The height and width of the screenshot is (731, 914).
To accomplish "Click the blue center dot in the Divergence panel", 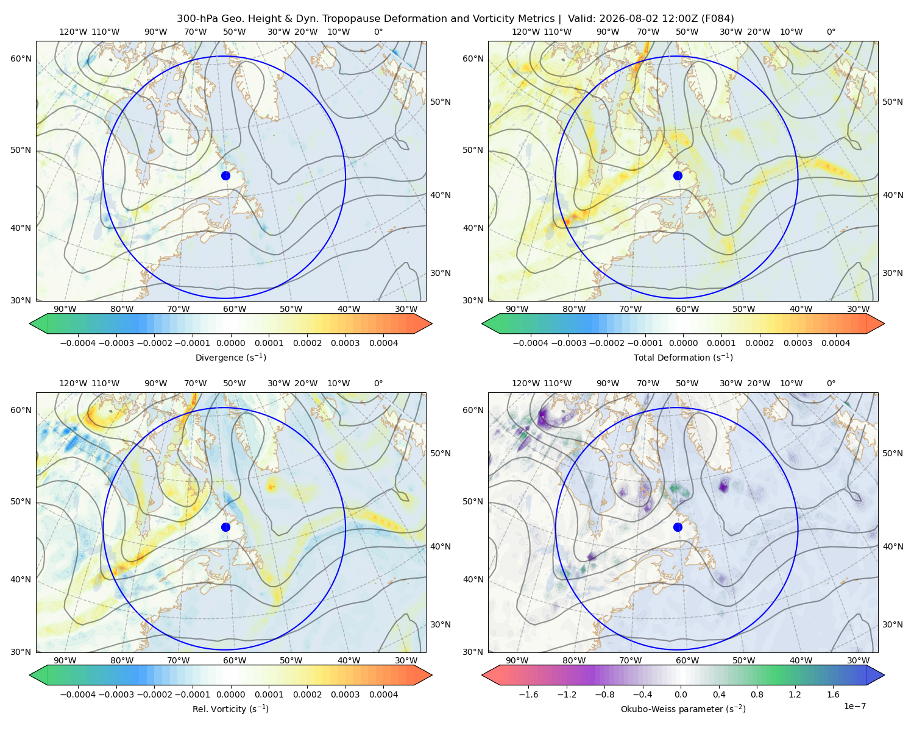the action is (x=225, y=176).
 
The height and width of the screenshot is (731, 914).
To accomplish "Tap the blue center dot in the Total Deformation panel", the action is (x=678, y=176).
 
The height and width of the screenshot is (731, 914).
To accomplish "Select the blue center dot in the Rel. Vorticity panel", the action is (x=225, y=527).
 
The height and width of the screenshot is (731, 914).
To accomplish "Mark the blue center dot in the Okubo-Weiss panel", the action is (x=678, y=527).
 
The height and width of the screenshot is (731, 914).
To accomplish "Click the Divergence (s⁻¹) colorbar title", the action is (x=230, y=358).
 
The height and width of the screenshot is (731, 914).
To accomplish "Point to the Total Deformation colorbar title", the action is (x=683, y=358).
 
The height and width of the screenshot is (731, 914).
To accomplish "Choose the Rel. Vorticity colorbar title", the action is (x=230, y=709).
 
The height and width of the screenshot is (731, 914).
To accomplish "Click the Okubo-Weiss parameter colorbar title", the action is (x=683, y=709).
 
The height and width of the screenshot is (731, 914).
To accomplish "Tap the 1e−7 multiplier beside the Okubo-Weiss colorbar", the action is (x=854, y=706).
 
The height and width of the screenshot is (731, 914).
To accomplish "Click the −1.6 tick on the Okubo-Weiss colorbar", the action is (x=529, y=694).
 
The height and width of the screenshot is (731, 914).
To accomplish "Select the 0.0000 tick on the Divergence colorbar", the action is (x=230, y=343).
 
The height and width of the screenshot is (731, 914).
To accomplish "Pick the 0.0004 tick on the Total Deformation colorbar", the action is (x=835, y=343).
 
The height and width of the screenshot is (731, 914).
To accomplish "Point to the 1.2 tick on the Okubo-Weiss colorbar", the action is (x=795, y=694).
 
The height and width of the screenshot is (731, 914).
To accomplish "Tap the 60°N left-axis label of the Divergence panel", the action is (x=21, y=58).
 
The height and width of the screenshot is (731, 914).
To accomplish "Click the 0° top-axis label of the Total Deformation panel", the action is (x=831, y=32).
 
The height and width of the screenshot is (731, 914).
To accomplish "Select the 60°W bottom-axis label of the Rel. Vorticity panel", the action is (x=235, y=660).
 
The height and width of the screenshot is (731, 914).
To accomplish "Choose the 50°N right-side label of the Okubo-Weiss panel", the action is (x=892, y=453).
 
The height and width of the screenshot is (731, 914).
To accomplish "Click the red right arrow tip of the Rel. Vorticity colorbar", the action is (x=432, y=675).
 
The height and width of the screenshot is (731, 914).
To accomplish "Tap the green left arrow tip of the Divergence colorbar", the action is (x=30, y=323).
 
